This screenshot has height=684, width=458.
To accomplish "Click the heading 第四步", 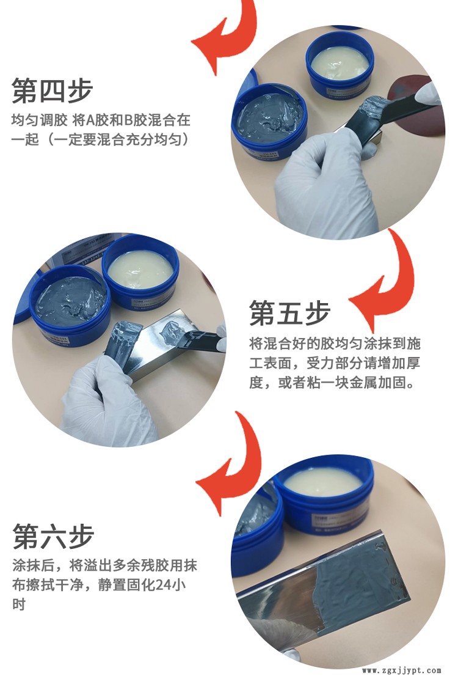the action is click(53, 90).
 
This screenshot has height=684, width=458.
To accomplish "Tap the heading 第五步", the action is click(289, 313).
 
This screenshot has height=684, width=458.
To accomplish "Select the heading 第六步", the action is click(53, 536).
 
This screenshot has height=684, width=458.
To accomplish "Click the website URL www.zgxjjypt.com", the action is click(401, 671).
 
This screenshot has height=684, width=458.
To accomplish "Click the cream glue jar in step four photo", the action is click(340, 66).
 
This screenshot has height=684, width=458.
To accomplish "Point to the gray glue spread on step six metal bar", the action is click(362, 580).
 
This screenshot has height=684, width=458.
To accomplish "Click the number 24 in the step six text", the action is click(165, 584).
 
